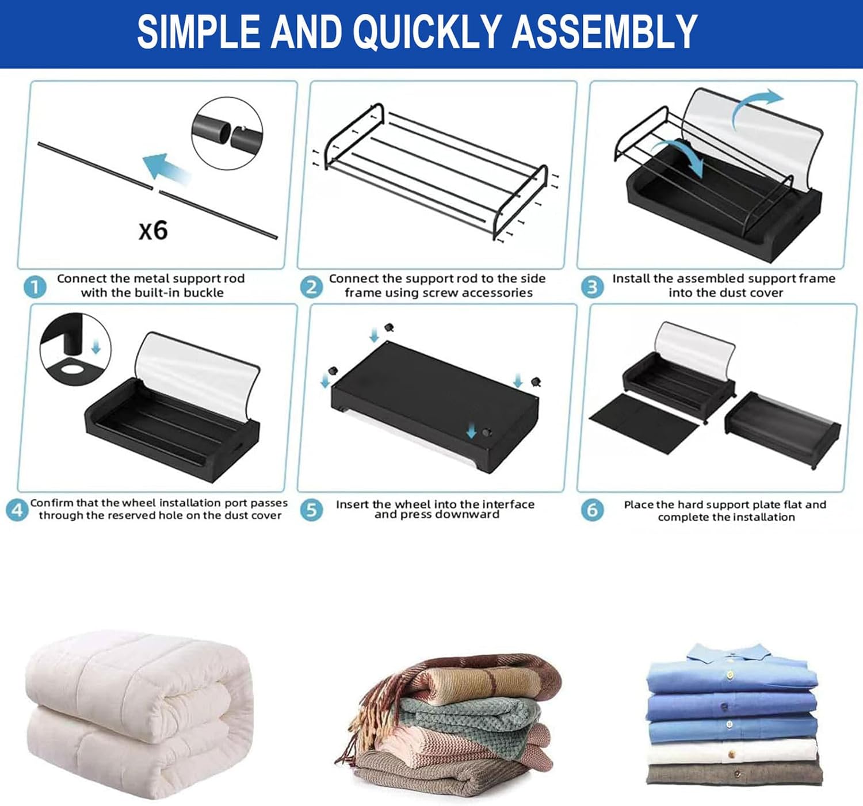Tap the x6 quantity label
(153, 230)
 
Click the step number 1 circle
(35, 287)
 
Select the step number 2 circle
(312, 287)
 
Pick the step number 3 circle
(592, 287)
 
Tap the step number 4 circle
(17, 510)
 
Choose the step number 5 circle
(311, 510)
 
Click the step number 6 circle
(592, 510)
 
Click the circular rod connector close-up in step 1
(227, 133)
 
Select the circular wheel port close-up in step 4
(75, 350)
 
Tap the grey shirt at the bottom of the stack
(734, 774)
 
